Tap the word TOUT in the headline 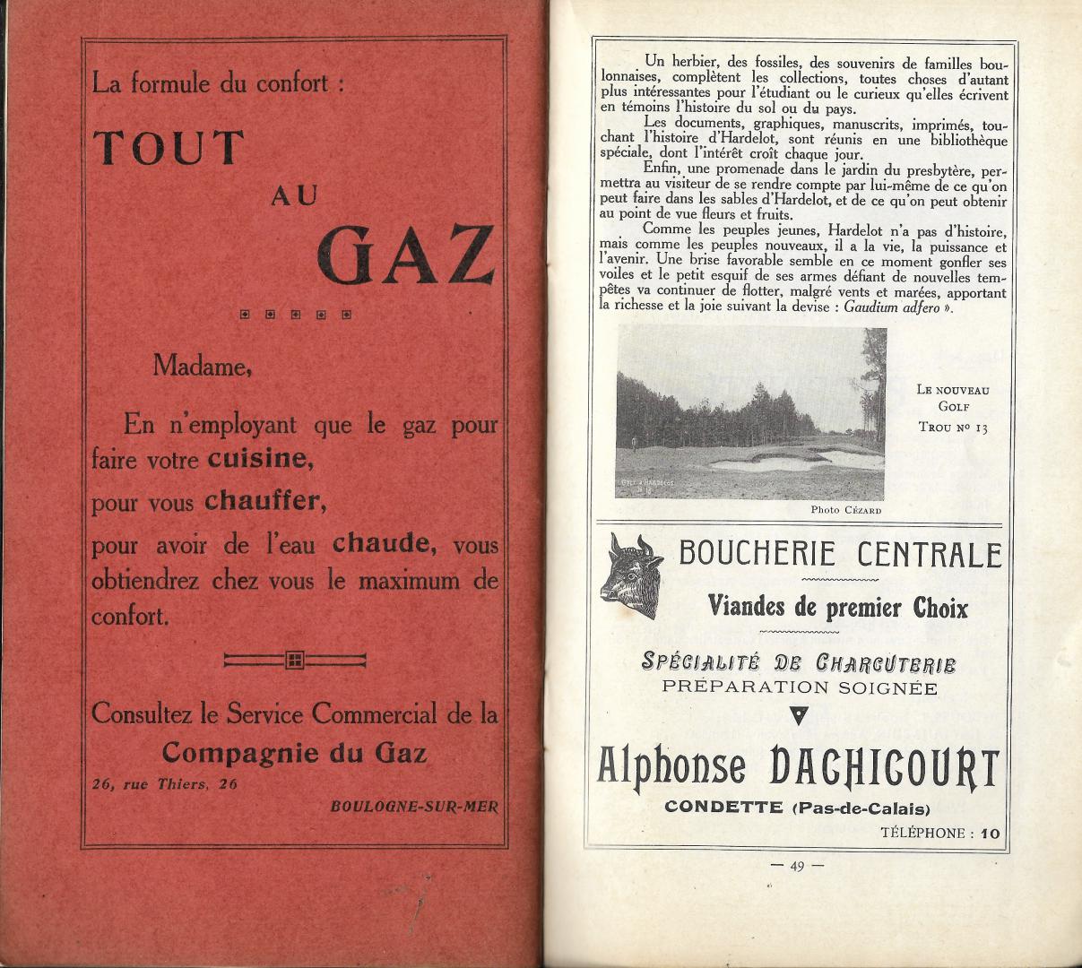[169, 148]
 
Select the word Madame [202, 366]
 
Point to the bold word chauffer [264, 501]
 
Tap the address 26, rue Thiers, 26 [165, 783]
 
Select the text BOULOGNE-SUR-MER [413, 805]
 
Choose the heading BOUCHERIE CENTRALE [839, 554]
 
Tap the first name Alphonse [671, 767]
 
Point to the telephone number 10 [990, 833]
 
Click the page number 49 [797, 865]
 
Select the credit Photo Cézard [845, 510]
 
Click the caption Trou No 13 [953, 428]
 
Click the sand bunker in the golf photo [780, 461]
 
